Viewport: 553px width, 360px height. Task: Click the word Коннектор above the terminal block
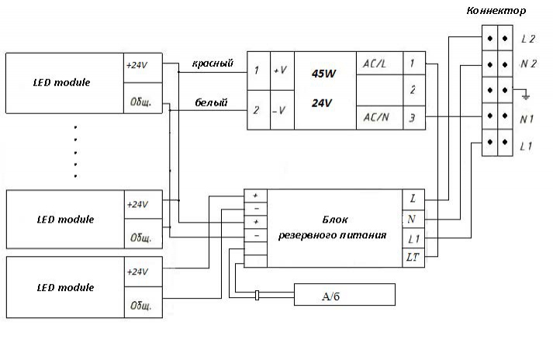coord(497,11)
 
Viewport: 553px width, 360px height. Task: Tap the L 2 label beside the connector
coord(528,38)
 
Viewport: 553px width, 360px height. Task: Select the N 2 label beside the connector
coord(528,64)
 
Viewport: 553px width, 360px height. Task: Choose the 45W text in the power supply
coord(323,74)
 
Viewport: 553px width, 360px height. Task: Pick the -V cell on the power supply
coord(281,110)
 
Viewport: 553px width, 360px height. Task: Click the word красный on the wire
coord(213,64)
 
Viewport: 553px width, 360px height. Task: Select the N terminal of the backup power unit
coord(411,219)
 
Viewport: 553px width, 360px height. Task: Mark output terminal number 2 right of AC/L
coord(414,90)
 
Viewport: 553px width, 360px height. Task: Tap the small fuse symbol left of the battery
coord(257,295)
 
